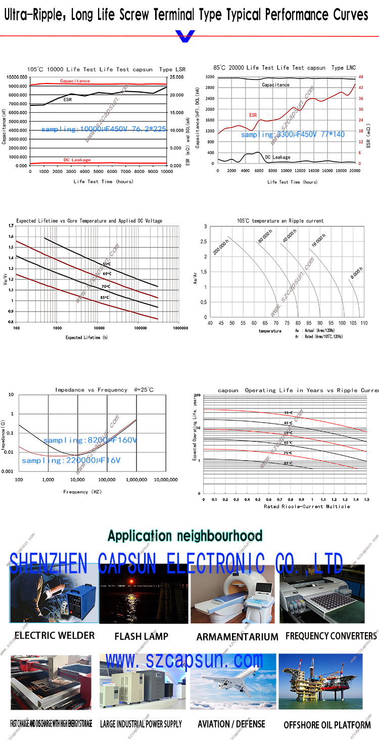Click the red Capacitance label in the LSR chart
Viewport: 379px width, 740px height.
point(75,81)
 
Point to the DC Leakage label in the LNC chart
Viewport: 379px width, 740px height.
point(278,157)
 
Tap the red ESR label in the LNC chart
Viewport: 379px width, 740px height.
point(253,115)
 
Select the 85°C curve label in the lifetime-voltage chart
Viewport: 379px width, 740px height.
point(105,297)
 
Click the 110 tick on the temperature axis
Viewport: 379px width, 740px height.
point(364,322)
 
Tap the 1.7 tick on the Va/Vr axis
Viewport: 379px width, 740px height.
point(11,224)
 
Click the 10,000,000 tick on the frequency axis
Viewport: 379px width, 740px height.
point(166,479)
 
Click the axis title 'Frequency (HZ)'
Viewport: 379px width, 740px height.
point(83,491)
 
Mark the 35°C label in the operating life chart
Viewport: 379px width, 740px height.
point(288,413)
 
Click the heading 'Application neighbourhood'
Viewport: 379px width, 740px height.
point(185,536)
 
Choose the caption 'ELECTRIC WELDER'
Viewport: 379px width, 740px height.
point(55,635)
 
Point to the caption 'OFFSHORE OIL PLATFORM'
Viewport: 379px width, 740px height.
point(327,725)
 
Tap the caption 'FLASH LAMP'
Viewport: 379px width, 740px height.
point(141,636)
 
